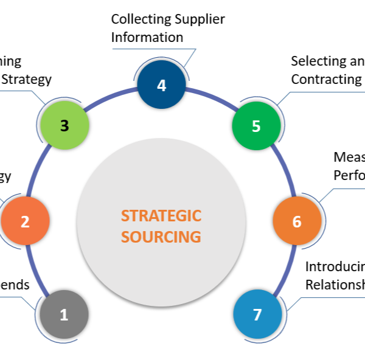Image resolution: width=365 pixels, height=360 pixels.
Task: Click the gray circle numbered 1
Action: [x=64, y=315]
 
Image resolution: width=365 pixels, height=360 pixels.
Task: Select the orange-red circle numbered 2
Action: [x=25, y=221]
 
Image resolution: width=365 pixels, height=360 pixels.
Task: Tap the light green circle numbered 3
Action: [x=64, y=126]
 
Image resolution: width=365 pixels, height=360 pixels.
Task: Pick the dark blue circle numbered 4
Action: [x=161, y=86]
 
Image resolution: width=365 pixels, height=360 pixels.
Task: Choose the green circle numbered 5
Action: [x=256, y=126]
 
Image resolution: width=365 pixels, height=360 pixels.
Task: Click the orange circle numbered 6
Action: [x=296, y=221]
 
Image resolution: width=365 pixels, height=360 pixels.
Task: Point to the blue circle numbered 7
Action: [x=257, y=315]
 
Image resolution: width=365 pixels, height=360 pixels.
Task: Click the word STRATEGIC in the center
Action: [x=161, y=216]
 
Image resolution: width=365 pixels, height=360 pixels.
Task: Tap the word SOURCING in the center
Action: [x=161, y=237]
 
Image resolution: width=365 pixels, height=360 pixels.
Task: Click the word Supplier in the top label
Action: [x=200, y=19]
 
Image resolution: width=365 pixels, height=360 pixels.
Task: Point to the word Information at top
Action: [x=147, y=37]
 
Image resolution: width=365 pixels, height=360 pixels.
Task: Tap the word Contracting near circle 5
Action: [x=327, y=79]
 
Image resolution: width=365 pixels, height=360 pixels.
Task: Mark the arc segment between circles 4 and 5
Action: [x=213, y=97]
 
